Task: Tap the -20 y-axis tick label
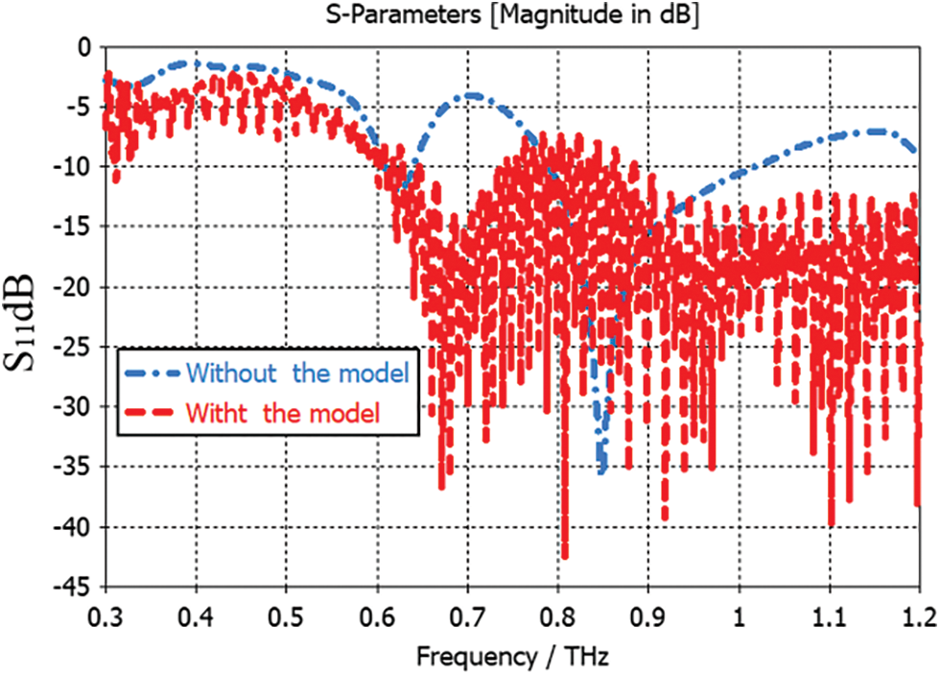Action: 75,287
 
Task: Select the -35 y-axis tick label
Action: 75,468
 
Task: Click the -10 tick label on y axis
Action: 75,167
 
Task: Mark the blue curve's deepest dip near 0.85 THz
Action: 601,470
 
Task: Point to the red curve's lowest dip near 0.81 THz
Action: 565,555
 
